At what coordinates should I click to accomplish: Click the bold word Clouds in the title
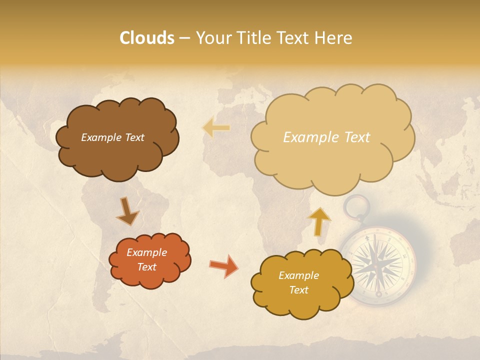147,38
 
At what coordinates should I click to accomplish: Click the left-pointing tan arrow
216,127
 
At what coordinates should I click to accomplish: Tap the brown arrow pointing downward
127,211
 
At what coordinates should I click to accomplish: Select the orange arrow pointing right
223,265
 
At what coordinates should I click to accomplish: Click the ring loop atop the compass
356,207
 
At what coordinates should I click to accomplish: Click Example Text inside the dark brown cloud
112,137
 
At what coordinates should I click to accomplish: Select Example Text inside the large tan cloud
326,137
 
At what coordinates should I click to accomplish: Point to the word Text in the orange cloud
146,267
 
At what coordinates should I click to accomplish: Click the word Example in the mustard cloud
298,275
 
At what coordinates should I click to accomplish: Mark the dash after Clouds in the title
184,38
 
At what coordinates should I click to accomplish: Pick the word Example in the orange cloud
146,252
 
